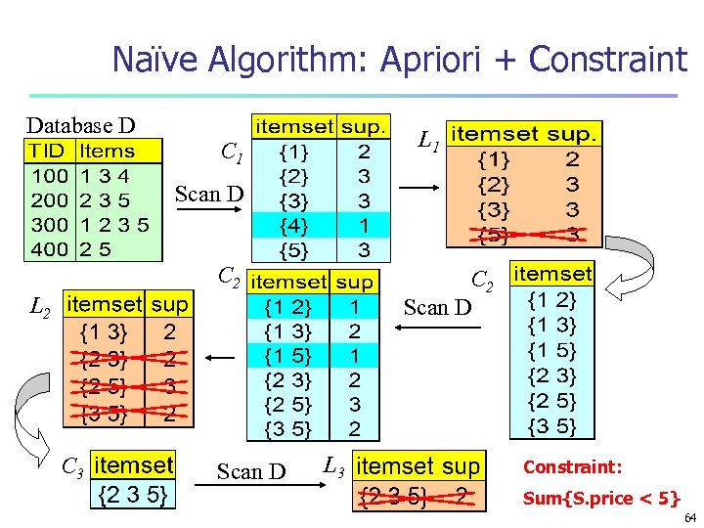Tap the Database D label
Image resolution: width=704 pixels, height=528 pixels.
80,125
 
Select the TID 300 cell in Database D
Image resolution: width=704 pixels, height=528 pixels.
49,225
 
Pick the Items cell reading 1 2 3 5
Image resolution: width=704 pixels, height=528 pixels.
114,225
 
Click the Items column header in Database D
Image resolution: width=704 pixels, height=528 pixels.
108,152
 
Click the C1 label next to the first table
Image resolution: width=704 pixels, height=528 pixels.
232,153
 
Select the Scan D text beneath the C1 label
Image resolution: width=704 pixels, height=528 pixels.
209,194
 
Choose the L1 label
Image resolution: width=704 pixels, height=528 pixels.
427,142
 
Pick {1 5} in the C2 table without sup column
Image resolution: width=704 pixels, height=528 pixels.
551,349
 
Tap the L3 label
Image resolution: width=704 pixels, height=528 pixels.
334,465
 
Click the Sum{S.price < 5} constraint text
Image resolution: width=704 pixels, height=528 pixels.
601,499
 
